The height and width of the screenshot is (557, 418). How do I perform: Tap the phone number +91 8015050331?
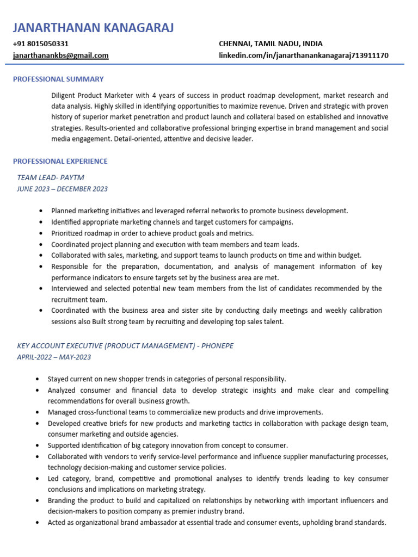pos(41,44)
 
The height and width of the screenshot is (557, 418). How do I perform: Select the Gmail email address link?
pos(61,55)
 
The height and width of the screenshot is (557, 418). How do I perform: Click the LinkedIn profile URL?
pos(304,55)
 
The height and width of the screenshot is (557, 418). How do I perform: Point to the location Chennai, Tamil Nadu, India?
pos(271,44)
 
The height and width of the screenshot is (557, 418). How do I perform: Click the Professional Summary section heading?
pos(58,79)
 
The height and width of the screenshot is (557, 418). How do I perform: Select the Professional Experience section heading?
pos(60,161)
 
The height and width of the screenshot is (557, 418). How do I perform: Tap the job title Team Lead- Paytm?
pos(51,177)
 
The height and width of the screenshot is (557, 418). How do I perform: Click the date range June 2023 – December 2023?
pos(63,189)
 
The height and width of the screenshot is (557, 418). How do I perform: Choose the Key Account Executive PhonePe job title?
pos(125,346)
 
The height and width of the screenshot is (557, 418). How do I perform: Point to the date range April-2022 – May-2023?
pos(54,357)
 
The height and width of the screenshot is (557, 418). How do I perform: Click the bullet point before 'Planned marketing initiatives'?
pos(41,211)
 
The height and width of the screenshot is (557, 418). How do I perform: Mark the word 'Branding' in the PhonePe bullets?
pos(62,500)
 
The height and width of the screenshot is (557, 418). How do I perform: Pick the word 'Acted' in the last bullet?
pos(57,522)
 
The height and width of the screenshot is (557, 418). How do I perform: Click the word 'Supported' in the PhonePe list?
pos(64,445)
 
